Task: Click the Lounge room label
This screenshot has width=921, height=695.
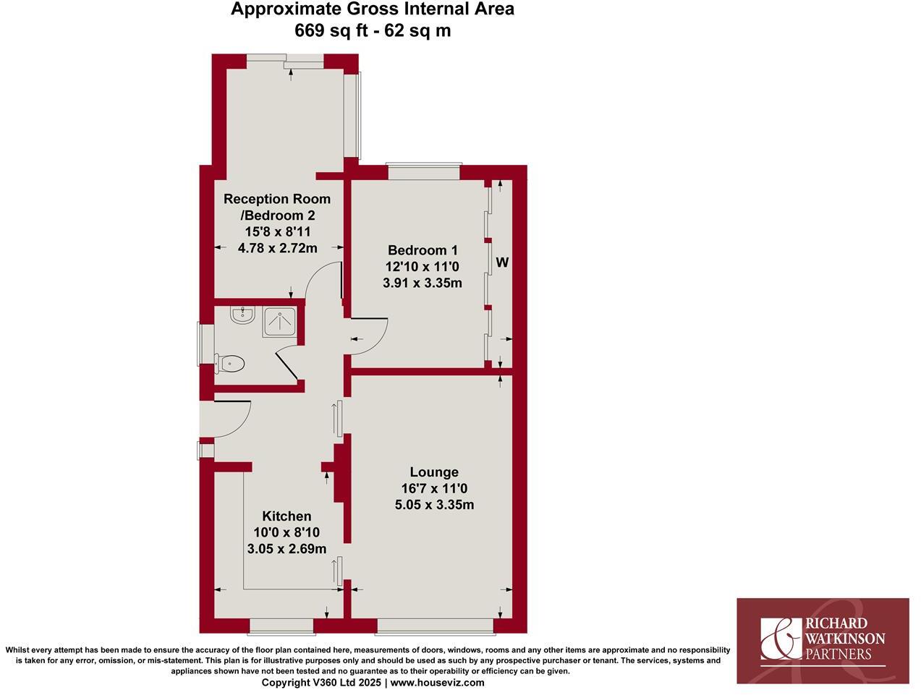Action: [434, 472]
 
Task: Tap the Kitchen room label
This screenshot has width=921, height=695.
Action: [287, 516]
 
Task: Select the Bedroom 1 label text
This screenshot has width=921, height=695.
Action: [422, 250]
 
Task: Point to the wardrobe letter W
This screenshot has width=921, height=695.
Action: [502, 263]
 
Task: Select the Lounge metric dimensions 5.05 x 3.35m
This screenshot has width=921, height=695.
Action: [434, 505]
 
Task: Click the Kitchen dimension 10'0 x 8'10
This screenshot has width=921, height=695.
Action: [287, 532]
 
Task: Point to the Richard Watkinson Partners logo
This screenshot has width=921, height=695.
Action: [823, 641]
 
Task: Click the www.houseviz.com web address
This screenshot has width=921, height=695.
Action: [438, 682]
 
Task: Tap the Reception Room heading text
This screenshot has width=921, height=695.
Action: [277, 199]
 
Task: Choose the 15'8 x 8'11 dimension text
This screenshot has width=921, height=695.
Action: [277, 231]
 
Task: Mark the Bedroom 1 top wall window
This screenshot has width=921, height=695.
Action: [424, 172]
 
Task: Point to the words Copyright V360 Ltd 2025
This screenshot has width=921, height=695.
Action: [322, 682]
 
